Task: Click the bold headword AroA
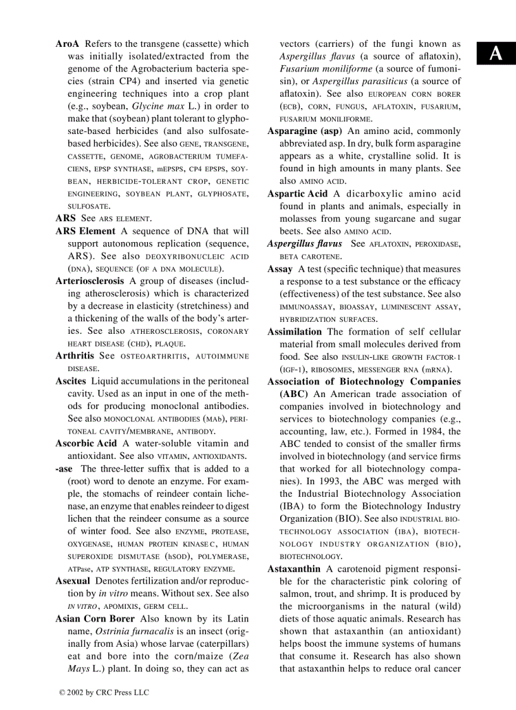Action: tap(68, 44)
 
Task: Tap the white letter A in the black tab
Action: tap(496, 54)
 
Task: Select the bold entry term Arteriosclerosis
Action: tap(90, 281)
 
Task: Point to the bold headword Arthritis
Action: tap(75, 356)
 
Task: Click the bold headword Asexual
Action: tap(73, 581)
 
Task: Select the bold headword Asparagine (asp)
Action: tap(304, 131)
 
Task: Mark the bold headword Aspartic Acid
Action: tap(297, 193)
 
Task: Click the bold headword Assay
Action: tap(279, 269)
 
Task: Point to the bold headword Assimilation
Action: tap(294, 331)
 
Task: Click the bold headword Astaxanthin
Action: tap(293, 569)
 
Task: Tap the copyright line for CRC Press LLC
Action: tap(104, 692)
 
